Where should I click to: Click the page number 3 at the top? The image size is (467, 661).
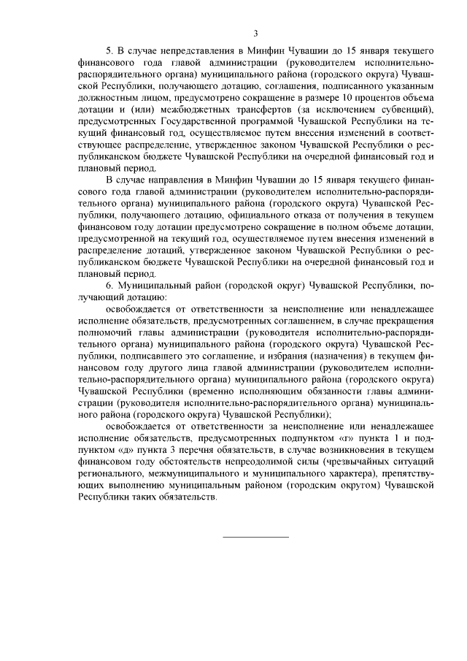(x=255, y=34)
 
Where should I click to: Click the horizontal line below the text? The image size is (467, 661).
(x=255, y=538)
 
